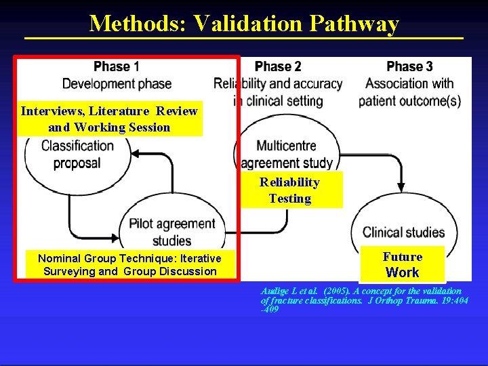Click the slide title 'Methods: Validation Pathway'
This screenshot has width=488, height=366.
[x=244, y=23]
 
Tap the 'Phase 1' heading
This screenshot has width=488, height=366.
[x=117, y=66]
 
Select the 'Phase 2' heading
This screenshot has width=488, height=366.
[x=278, y=66]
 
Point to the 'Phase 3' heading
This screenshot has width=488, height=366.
[x=409, y=66]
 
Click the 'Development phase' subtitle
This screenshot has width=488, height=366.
[x=117, y=84]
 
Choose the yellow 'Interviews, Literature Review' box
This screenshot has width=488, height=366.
[x=109, y=119]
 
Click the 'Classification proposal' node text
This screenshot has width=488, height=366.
[x=77, y=154]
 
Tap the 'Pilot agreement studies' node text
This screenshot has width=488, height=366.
[x=172, y=232]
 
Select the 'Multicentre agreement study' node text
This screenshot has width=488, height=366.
[x=286, y=154]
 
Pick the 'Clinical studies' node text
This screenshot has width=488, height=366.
[x=403, y=232]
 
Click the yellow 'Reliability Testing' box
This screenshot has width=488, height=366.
[x=290, y=190]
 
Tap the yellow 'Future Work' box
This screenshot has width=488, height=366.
[x=402, y=264]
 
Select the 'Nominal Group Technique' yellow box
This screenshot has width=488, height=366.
[x=129, y=264]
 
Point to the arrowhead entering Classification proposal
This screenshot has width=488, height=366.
[x=135, y=154]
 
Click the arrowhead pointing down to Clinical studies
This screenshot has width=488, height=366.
[x=401, y=186]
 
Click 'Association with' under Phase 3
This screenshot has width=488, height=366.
[x=409, y=84]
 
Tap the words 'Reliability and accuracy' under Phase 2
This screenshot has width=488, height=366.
[x=278, y=84]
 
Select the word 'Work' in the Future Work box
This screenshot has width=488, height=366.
[x=402, y=272]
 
